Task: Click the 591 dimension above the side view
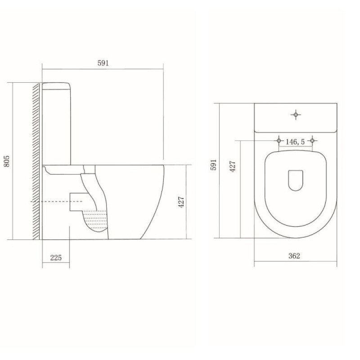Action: [x=103, y=63]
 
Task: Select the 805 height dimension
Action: [x=7, y=161]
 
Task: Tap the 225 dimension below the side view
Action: [x=56, y=257]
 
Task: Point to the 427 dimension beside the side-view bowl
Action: [x=181, y=202]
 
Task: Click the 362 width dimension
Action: [x=294, y=256]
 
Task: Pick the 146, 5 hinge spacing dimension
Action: [x=295, y=142]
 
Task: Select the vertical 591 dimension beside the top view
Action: [x=213, y=165]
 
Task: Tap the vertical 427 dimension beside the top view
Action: [x=233, y=166]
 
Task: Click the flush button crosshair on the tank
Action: [x=296, y=114]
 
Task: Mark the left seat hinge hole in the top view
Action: [x=279, y=140]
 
